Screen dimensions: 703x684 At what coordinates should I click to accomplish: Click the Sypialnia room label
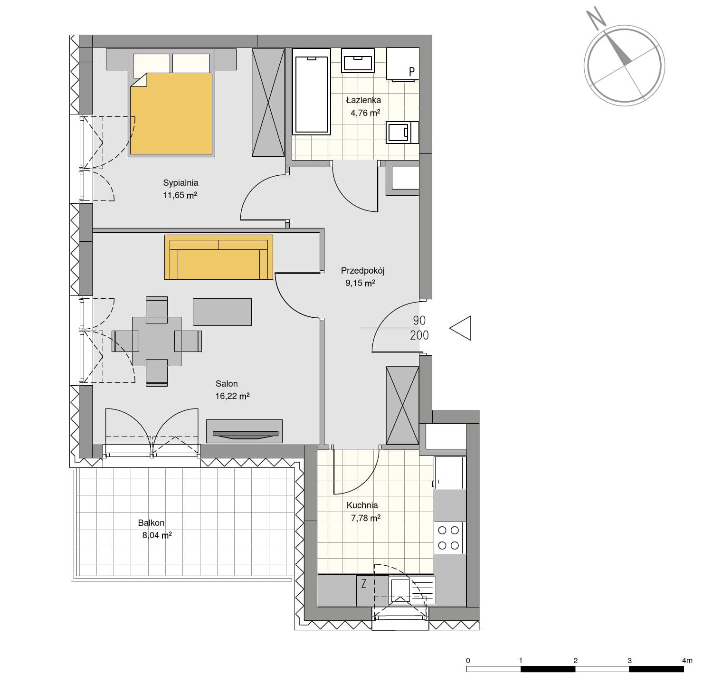180,183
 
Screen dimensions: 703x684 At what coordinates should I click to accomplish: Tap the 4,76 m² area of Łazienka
365,113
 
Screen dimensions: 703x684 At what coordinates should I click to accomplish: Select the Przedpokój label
363,271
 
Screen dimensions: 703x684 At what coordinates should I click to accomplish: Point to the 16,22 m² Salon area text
232,396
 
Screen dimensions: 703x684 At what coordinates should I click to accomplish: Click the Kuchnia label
362,505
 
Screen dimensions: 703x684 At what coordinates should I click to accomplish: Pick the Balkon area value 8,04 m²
157,535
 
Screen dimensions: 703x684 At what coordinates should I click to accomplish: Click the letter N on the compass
596,18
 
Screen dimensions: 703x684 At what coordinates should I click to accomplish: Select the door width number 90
419,320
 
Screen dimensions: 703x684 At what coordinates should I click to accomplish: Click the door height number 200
419,335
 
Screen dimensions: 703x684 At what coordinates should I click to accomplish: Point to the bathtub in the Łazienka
312,92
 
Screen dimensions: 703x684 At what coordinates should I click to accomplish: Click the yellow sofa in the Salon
218,257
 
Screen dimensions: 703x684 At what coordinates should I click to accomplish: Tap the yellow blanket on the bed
171,114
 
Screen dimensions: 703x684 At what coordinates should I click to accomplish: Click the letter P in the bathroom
411,72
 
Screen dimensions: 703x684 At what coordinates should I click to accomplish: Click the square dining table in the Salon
157,342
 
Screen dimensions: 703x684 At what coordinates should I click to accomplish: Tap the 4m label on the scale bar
687,661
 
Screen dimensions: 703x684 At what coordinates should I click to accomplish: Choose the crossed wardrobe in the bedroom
268,102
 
